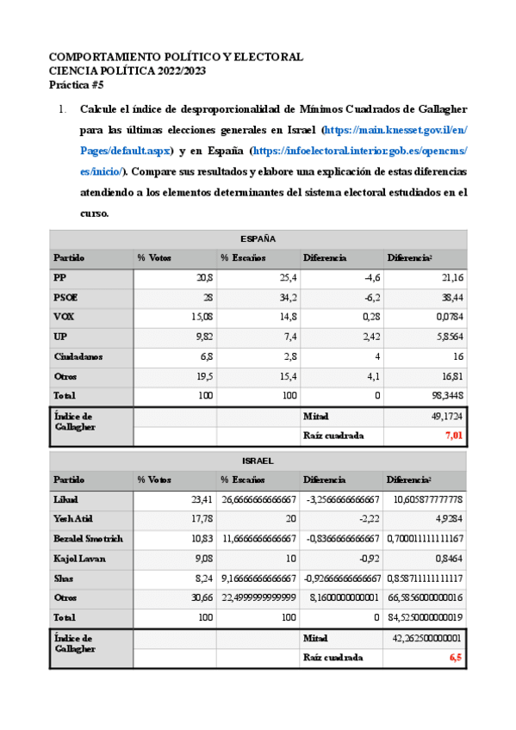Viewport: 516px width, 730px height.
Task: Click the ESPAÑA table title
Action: [x=258, y=238]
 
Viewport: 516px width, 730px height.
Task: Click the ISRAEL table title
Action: [x=258, y=461]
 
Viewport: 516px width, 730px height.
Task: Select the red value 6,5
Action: [x=456, y=657]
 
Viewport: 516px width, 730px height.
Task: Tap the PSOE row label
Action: [x=65, y=297]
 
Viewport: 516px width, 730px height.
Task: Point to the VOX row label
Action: [x=64, y=317]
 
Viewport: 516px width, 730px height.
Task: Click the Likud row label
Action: [x=66, y=499]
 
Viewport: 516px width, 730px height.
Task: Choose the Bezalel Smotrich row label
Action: [x=89, y=539]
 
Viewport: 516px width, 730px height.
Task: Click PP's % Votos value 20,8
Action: [x=204, y=277]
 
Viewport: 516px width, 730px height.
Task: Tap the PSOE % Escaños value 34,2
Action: [x=287, y=297]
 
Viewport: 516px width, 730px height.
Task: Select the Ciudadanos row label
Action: [x=76, y=356]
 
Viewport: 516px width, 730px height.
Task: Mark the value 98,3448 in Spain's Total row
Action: [x=446, y=396]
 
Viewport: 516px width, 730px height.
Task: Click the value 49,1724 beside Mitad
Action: [x=446, y=416]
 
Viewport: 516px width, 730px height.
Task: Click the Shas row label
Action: [x=64, y=578]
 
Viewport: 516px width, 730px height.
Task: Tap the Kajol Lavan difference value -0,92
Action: [x=366, y=559]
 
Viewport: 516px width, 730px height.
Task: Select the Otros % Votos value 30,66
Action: [x=201, y=598]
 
